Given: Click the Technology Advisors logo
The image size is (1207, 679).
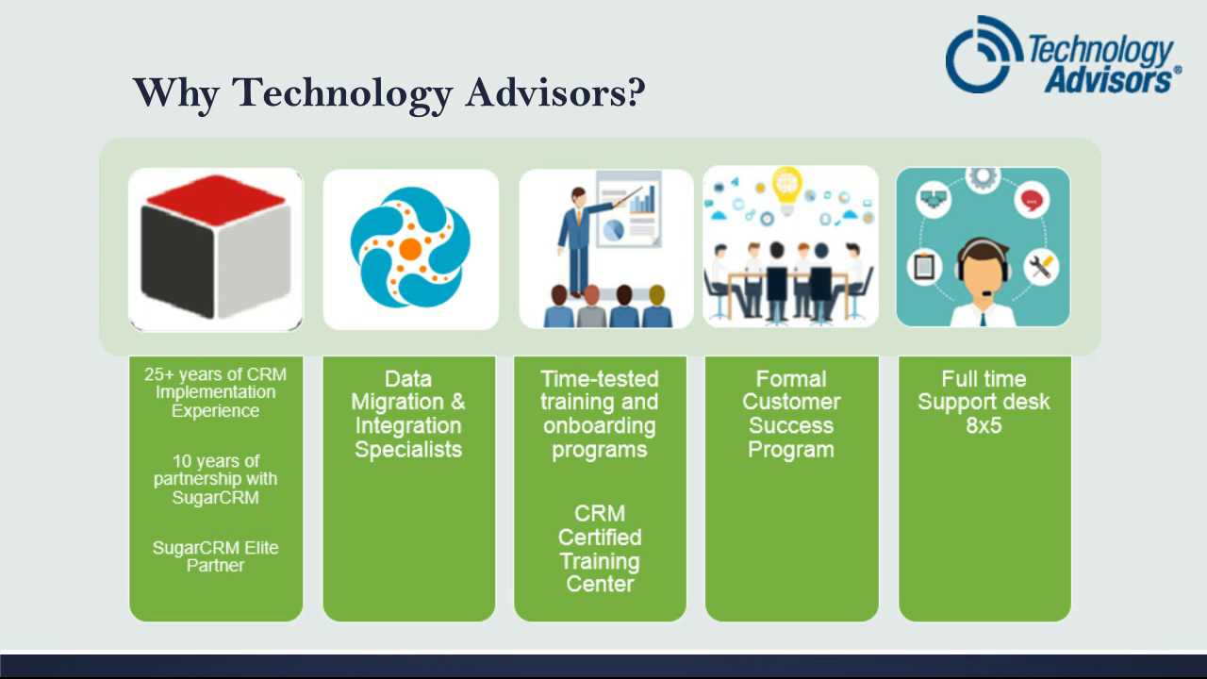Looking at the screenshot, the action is [1064, 55].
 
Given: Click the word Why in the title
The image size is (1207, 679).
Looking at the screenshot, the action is [175, 93].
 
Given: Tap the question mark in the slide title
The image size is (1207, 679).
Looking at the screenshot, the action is [636, 91].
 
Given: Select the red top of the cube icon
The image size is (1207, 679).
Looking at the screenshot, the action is [216, 199].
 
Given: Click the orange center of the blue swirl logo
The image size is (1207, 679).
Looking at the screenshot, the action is [410, 249].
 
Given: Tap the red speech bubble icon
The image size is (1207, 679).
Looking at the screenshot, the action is [1032, 201].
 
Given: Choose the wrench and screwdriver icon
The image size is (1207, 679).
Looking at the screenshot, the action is [1041, 267].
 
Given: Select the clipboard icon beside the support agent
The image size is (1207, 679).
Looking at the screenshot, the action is [924, 267].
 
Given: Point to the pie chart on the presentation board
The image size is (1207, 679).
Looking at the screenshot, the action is [613, 230].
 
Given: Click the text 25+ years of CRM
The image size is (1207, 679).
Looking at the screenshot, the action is [216, 374].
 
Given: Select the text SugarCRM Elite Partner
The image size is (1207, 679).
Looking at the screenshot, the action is [216, 556].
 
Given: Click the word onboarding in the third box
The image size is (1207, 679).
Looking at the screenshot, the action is [599, 425].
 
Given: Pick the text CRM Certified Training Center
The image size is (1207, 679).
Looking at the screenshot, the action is [600, 549].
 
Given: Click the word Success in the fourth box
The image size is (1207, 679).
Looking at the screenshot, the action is [791, 425].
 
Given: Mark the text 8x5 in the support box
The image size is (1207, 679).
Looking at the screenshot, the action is [984, 425].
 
